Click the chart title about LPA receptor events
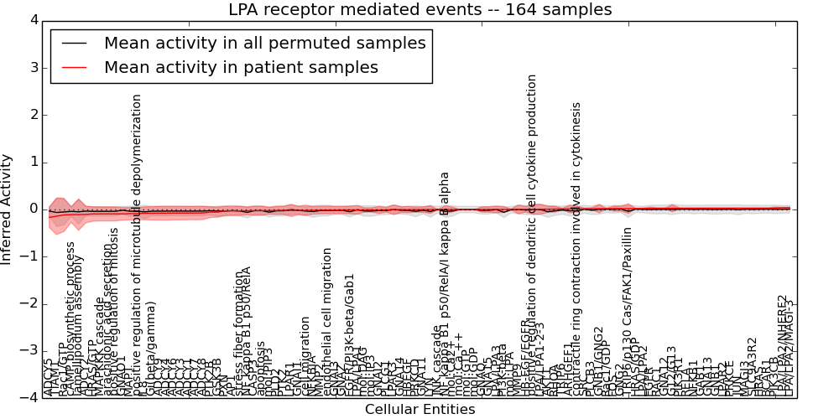[419, 10]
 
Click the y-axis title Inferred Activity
[8, 209]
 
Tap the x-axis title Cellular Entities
[419, 410]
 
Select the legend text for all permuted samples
[264, 44]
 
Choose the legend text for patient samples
[241, 67]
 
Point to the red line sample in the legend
[73, 68]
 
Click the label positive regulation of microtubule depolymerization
[138, 243]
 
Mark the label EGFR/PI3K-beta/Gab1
[350, 334]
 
